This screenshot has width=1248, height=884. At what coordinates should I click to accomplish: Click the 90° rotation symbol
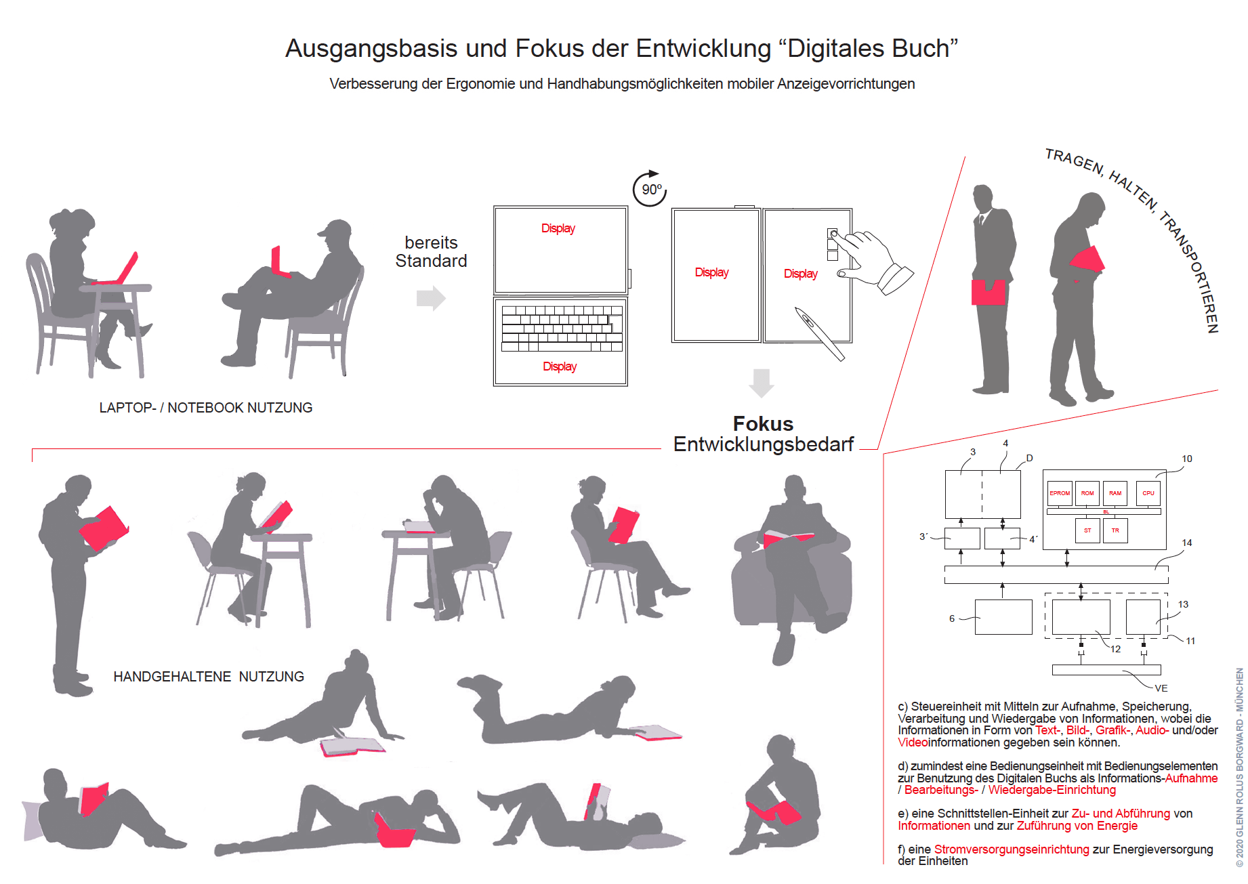tap(650, 188)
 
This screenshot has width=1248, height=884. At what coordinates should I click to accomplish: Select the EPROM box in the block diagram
tap(1060, 493)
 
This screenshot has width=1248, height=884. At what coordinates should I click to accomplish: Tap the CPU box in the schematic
tap(1148, 493)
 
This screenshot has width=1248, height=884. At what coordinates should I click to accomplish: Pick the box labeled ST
tap(1087, 530)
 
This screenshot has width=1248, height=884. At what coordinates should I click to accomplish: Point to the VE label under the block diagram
tap(1161, 688)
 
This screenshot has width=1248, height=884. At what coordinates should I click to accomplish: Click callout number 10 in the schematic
tap(1187, 459)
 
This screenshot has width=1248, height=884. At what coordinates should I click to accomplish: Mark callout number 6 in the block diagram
tap(952, 618)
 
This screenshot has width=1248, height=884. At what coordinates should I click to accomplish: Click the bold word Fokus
tap(763, 423)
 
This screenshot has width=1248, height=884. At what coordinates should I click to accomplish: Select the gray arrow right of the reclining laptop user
tap(431, 297)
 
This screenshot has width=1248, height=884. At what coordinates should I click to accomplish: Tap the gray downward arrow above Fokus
tap(762, 383)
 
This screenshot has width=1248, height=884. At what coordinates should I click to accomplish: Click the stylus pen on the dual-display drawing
tap(820, 334)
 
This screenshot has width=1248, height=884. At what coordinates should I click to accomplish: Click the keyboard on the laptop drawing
tap(562, 329)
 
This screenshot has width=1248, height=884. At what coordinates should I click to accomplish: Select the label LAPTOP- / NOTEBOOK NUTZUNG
tap(206, 408)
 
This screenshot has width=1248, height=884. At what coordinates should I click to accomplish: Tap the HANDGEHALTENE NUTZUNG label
tap(209, 677)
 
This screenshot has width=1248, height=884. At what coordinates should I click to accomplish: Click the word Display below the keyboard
tap(560, 366)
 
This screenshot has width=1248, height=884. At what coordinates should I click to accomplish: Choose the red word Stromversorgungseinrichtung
tap(1012, 849)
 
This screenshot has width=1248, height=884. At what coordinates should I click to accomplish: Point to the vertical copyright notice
tap(1239, 767)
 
